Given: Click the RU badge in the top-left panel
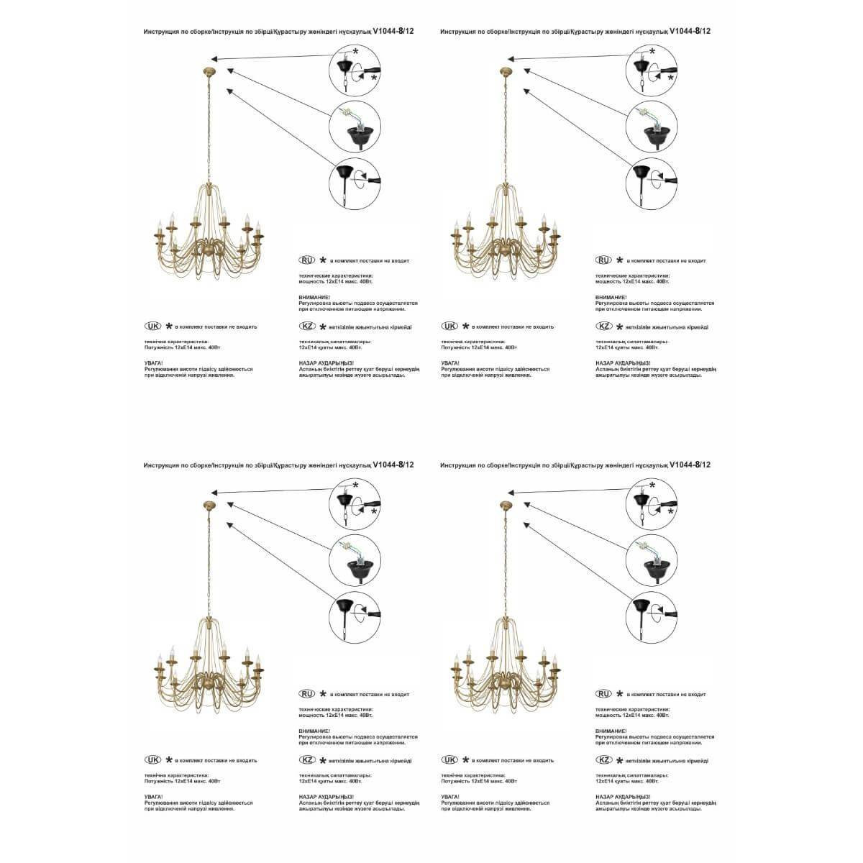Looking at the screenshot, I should [307, 260].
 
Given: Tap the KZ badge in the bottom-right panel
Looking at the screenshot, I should [604, 760].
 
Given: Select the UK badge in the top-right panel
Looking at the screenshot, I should [450, 326].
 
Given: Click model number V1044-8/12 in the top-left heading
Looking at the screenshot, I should [394, 32].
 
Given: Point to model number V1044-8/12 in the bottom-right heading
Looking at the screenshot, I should [690, 465].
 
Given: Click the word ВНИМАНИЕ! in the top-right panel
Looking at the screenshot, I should [611, 297].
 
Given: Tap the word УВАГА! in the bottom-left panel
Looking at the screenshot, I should [154, 798].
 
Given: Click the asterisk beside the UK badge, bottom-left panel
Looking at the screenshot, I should [169, 759].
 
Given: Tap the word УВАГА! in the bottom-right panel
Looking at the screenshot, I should [451, 798].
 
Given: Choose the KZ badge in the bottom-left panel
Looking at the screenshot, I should [307, 760].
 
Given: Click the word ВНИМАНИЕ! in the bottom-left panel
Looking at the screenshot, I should [314, 731].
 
